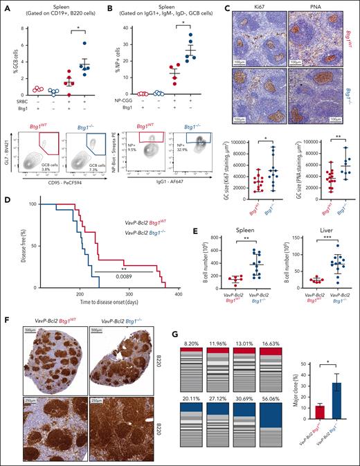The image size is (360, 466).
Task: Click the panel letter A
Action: click(6, 6)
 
